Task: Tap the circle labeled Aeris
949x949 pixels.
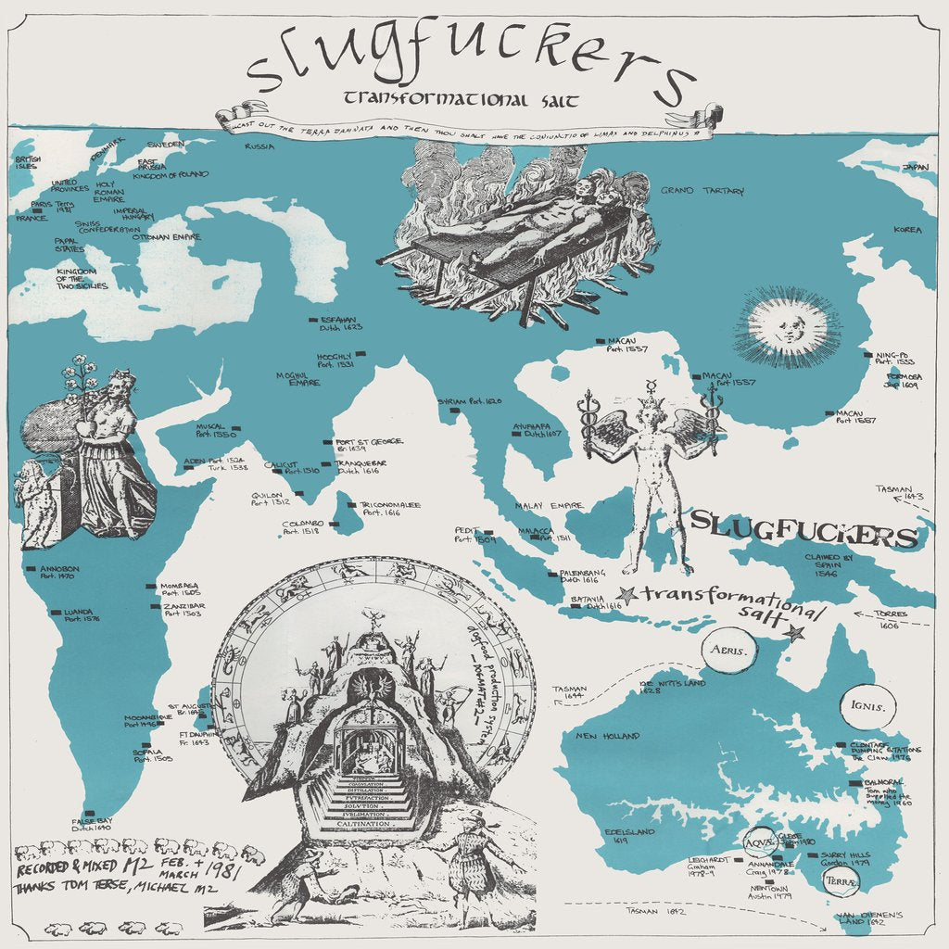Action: pyautogui.click(x=728, y=651)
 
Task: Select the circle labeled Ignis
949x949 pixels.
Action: pyautogui.click(x=868, y=711)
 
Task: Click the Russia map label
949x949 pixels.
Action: pyautogui.click(x=260, y=146)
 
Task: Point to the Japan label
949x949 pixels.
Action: pyautogui.click(x=915, y=168)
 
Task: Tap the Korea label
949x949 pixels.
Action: pyautogui.click(x=907, y=229)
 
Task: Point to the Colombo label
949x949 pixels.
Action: pyautogui.click(x=302, y=527)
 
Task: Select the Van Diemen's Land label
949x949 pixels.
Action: pyautogui.click(x=870, y=919)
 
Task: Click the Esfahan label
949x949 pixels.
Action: pyautogui.click(x=341, y=322)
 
